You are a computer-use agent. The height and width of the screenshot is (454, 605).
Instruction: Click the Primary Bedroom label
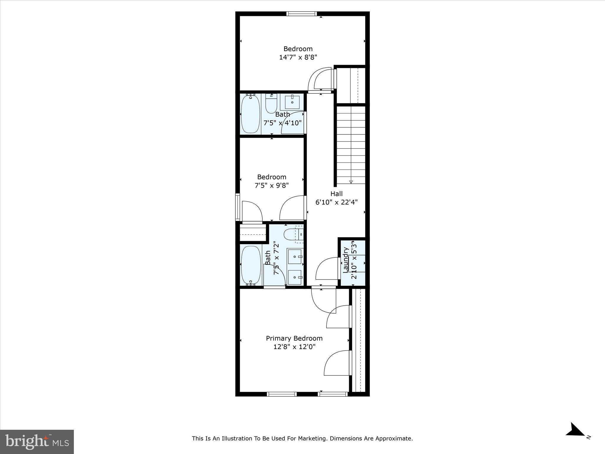294,338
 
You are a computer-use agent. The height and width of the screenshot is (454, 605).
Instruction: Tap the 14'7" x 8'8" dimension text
298,57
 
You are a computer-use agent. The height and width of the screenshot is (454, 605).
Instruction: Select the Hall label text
336,194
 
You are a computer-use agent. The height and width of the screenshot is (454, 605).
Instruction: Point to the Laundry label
346,260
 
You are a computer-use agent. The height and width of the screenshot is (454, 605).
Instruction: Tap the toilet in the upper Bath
271,104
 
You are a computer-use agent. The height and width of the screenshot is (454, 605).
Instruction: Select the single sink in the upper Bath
292,102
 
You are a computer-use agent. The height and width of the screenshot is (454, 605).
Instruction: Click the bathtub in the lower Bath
251,265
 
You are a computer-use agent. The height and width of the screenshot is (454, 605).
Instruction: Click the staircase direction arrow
351,182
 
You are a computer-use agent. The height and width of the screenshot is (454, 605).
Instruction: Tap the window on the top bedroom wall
302,14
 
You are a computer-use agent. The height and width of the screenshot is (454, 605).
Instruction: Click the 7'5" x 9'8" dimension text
271,185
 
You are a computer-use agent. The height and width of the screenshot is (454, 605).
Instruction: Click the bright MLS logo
37,442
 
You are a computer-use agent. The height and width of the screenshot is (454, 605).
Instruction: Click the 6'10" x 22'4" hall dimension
336,202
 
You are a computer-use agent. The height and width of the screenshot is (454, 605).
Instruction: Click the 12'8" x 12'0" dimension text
294,347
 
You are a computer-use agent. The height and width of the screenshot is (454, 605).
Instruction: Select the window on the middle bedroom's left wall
237,207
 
